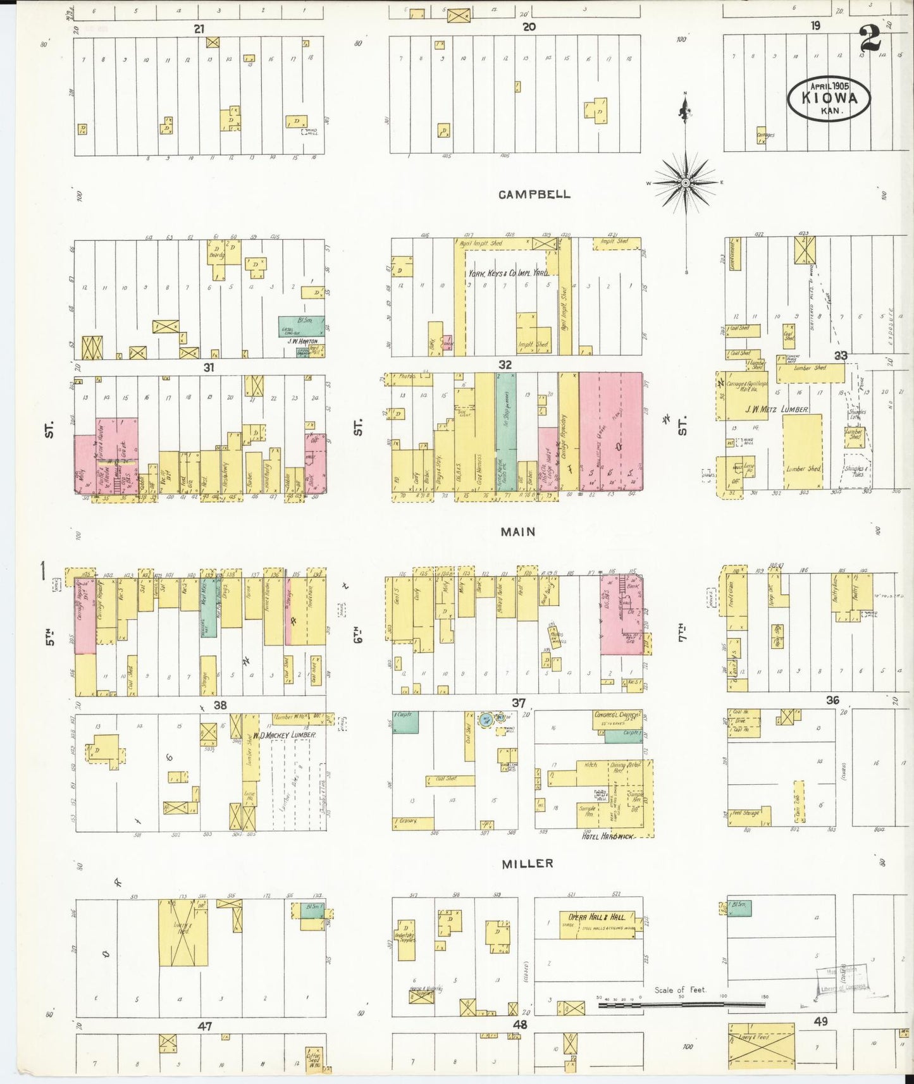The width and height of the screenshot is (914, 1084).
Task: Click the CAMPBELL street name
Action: pyautogui.click(x=534, y=195)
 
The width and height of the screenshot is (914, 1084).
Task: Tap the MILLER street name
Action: pyautogui.click(x=528, y=863)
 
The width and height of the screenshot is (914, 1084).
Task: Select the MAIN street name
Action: pyautogui.click(x=518, y=532)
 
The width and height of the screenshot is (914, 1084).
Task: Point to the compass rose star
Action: pyautogui.click(x=685, y=183)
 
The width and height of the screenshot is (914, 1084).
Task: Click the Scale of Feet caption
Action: pyautogui.click(x=680, y=990)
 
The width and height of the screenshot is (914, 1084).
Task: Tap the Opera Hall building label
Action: pyautogui.click(x=596, y=917)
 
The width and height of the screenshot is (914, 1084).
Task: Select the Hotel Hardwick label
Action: pyautogui.click(x=608, y=836)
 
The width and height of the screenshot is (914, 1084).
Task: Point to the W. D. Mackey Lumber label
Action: pyautogui.click(x=284, y=736)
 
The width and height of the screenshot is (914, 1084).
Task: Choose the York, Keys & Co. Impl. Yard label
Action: pyautogui.click(x=508, y=273)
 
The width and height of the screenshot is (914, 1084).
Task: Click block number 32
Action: pyautogui.click(x=505, y=365)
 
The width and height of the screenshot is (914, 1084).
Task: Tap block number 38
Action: pyautogui.click(x=219, y=705)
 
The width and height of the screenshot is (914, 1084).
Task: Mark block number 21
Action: pyautogui.click(x=199, y=29)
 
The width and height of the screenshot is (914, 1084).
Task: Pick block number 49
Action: pyautogui.click(x=820, y=1021)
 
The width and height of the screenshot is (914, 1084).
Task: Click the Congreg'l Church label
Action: pyautogui.click(x=617, y=715)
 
